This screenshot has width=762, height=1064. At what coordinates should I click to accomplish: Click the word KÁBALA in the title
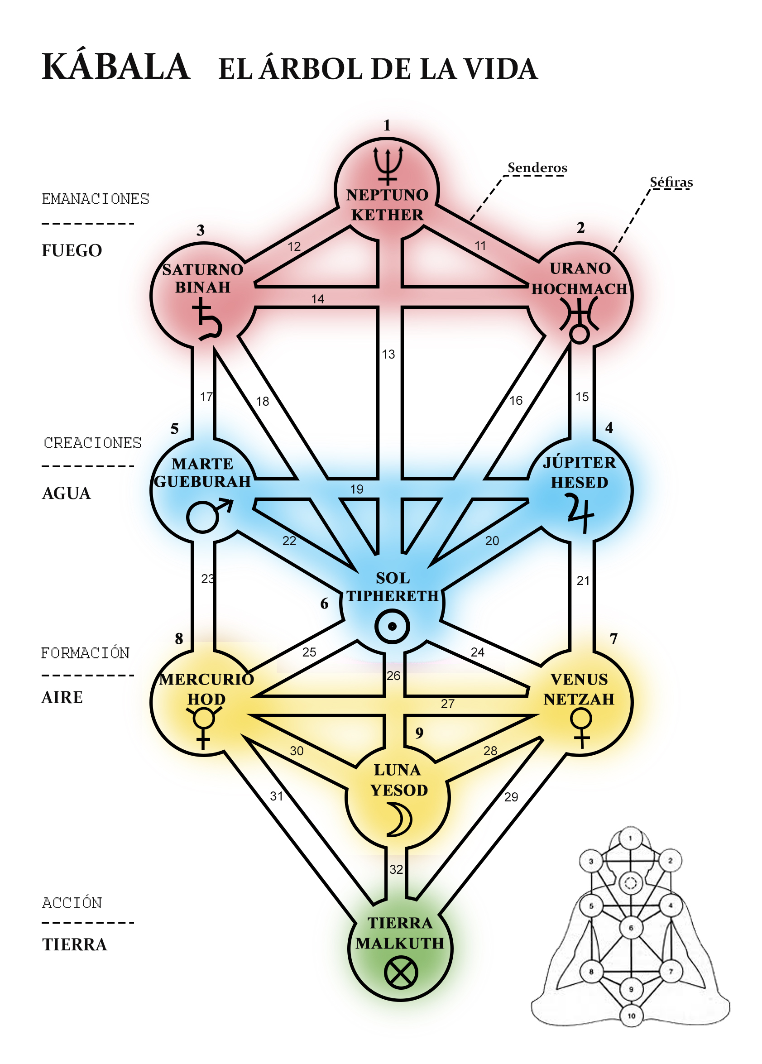(x=116, y=67)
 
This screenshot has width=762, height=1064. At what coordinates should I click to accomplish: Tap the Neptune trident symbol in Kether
(x=388, y=165)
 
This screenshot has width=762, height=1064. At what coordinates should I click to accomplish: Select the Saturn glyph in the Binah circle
(x=207, y=321)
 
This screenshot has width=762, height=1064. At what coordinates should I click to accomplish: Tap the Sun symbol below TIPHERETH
(x=392, y=626)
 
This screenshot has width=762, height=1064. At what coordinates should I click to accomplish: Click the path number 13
(x=388, y=354)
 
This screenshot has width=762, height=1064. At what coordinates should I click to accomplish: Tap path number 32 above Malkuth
(x=396, y=869)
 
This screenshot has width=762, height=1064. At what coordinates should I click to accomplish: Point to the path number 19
(x=357, y=489)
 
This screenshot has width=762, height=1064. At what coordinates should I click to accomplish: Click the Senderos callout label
(x=537, y=168)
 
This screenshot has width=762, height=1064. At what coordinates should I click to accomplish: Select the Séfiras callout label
(x=671, y=182)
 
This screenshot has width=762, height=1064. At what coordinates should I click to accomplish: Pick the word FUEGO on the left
(x=72, y=250)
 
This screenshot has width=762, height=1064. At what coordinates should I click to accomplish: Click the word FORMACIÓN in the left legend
(x=85, y=653)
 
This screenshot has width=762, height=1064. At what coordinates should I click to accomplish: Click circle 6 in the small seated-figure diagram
(x=631, y=927)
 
